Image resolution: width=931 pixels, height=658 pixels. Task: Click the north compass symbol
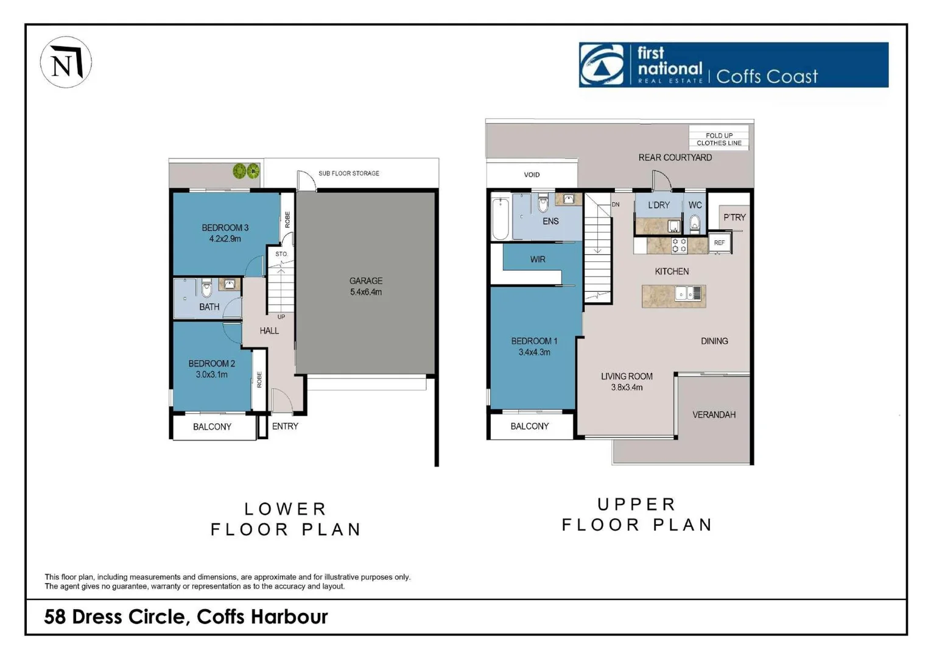click(66, 62)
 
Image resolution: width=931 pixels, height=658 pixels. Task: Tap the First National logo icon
click(602, 65)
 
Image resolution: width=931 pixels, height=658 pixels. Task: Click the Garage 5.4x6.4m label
click(365, 286)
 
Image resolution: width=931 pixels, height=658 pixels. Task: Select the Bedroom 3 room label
click(225, 233)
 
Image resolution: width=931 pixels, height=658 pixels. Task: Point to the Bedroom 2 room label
click(211, 369)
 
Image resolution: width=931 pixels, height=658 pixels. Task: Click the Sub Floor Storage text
click(348, 174)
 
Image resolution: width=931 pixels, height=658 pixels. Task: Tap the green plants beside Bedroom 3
click(246, 171)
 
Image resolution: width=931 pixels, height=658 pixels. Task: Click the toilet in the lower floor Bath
click(206, 288)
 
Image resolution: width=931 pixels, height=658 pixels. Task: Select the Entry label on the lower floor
click(285, 426)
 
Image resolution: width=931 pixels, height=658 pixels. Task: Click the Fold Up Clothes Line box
click(718, 139)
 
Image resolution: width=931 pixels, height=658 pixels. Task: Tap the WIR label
click(538, 260)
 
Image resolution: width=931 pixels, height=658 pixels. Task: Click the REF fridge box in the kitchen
click(719, 242)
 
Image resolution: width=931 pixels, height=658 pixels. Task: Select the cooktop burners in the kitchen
click(679, 245)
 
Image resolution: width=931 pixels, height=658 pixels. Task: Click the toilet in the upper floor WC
click(695, 224)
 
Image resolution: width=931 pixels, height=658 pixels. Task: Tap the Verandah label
click(714, 415)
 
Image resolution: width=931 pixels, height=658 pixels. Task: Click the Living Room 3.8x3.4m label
click(627, 381)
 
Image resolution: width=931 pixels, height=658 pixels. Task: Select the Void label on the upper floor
click(532, 175)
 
